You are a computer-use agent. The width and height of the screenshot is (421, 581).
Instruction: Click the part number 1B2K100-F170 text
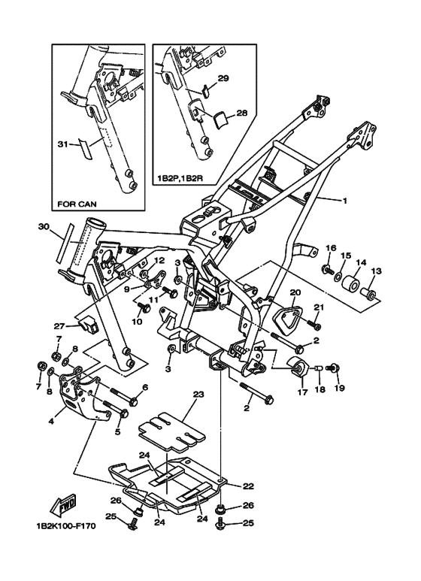[x=66, y=527]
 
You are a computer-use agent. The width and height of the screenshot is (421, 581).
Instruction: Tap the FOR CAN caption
[x=77, y=204]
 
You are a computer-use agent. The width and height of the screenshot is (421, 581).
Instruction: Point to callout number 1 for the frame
[x=344, y=201]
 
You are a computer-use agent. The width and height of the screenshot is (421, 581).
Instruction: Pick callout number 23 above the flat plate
[x=198, y=395]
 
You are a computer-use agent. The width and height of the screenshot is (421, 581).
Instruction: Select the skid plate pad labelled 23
[x=171, y=430]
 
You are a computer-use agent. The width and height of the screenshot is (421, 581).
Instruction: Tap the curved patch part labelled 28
[x=220, y=120]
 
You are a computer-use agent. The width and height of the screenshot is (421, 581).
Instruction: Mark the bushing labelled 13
[x=369, y=294]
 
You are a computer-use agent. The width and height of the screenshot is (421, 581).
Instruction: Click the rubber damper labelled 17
[x=297, y=367]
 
